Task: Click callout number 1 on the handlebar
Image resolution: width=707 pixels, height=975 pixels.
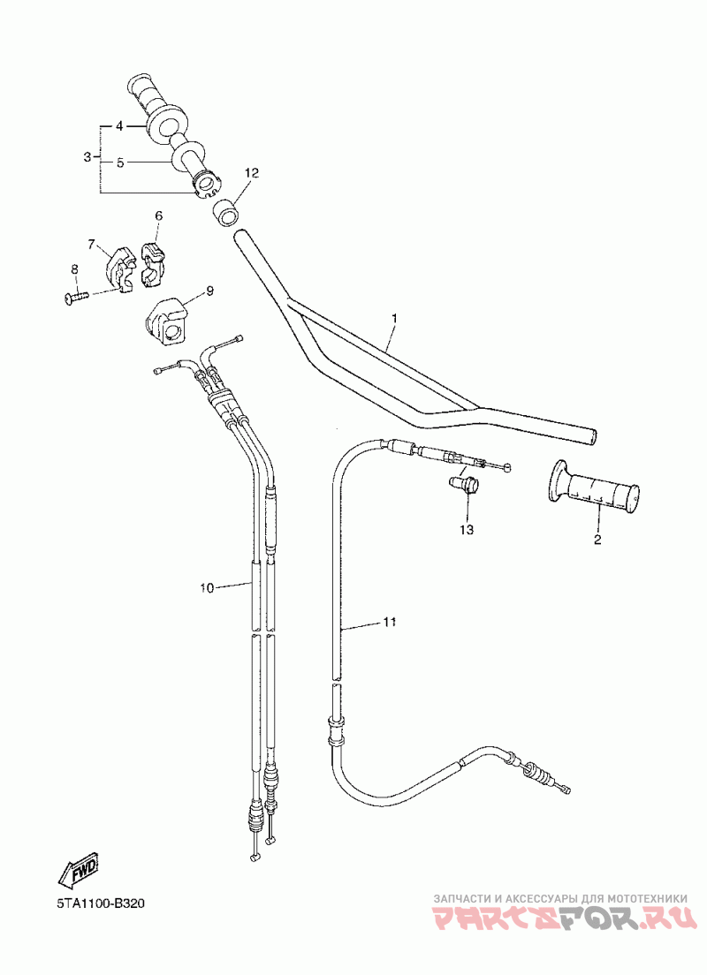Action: [x=395, y=317]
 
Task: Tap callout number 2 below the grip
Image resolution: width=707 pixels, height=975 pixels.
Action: [x=597, y=539]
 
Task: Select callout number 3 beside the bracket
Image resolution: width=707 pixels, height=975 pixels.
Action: [x=87, y=157]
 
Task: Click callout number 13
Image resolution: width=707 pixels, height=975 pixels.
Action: [x=466, y=530]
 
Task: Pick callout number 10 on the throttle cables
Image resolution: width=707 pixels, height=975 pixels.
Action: [x=207, y=588]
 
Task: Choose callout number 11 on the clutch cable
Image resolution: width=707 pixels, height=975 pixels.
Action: [x=389, y=623]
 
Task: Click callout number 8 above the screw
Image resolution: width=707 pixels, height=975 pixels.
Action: [x=74, y=268]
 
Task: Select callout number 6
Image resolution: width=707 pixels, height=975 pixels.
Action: [x=159, y=215]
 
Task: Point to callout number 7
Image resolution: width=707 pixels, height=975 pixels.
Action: [x=91, y=244]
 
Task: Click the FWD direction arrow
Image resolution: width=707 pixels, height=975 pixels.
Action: [x=79, y=870]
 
